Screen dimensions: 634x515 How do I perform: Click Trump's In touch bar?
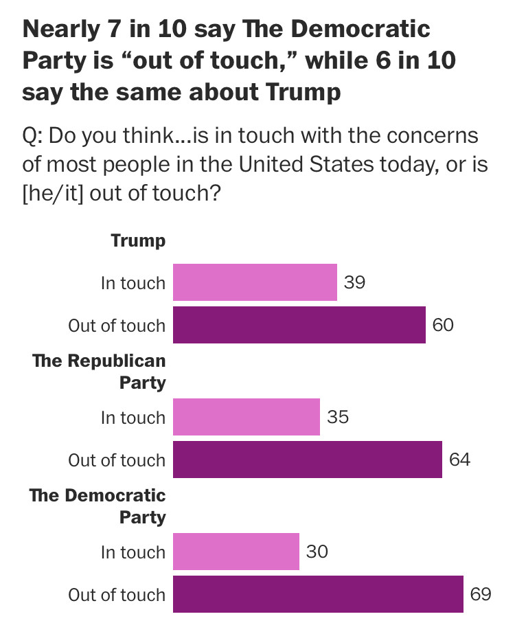tap(255, 282)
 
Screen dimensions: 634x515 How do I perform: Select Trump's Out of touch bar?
tap(299, 325)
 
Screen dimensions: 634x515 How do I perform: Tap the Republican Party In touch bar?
tap(246, 417)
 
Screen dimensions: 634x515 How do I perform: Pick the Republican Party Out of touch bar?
tap(307, 460)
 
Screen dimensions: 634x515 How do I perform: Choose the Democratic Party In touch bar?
tap(236, 552)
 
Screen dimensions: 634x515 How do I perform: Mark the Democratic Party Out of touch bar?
tap(318, 594)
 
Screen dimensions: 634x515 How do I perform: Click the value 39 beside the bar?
tap(354, 282)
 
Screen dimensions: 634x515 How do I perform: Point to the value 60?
tap(443, 325)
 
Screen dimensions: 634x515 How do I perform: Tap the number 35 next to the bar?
tap(337, 417)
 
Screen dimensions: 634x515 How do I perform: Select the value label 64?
tap(459, 460)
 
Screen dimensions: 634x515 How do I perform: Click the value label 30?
tap(317, 552)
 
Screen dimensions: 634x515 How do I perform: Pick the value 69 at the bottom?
tap(481, 594)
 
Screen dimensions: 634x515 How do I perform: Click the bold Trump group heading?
tap(138, 241)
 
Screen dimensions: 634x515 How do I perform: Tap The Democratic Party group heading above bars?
tap(98, 506)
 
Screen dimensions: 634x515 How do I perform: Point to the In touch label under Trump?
tap(133, 283)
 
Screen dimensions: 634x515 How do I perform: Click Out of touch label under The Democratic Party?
tap(117, 595)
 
